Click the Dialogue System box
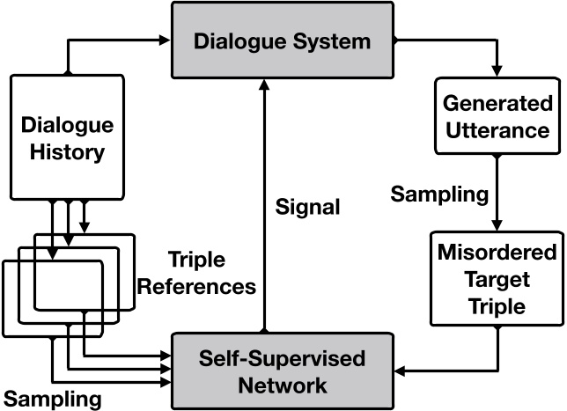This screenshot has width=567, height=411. click(283, 40)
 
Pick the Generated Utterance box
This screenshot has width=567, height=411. click(497, 117)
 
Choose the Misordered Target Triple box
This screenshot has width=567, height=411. click(497, 277)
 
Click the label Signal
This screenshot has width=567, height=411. click(307, 208)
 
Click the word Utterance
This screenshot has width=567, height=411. click(497, 130)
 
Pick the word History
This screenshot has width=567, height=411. click(63, 150)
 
